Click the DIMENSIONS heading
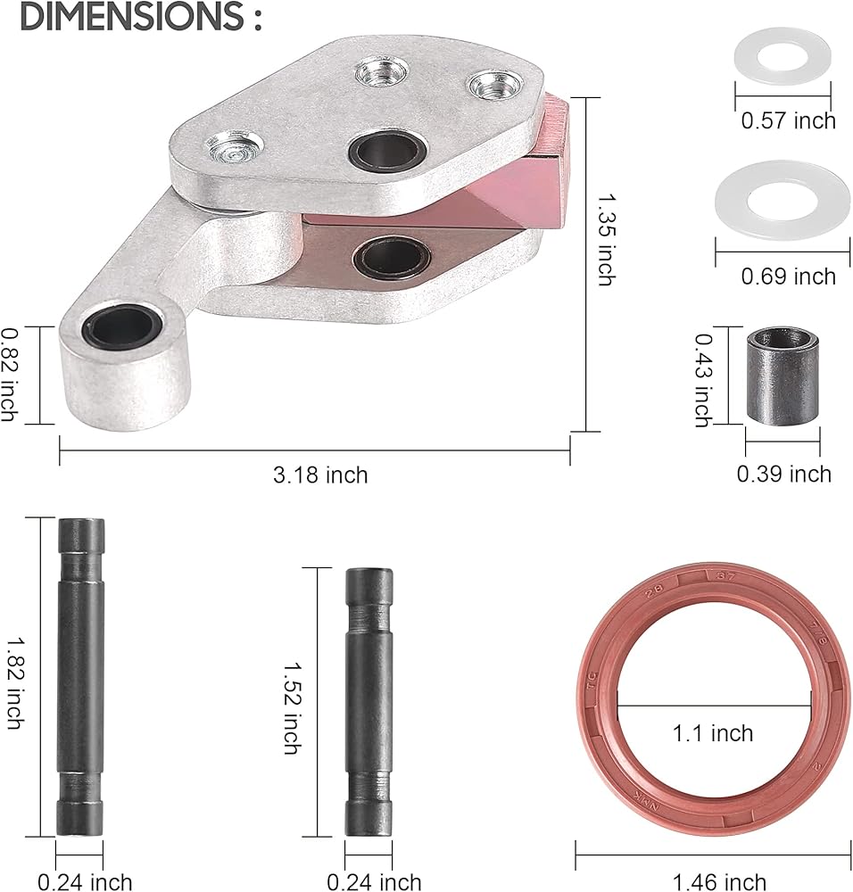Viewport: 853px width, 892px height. [x=141, y=16]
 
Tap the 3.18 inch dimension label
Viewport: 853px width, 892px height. [x=320, y=475]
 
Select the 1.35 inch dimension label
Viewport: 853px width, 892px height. [x=607, y=239]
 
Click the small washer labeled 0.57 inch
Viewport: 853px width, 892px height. [x=782, y=55]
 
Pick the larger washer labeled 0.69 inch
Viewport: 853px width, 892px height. [x=783, y=200]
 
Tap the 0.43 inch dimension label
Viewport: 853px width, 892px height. [x=704, y=379]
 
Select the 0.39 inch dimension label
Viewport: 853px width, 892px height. [x=784, y=474]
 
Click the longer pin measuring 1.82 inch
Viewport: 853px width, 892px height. [x=80, y=676]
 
